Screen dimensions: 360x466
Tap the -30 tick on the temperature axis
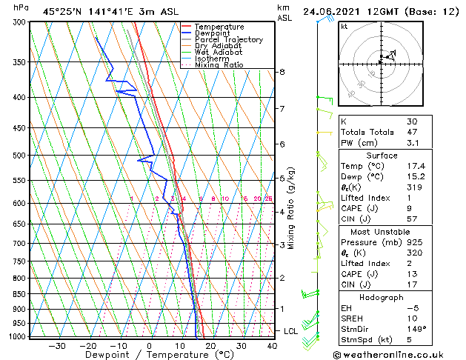(x=57, y=346)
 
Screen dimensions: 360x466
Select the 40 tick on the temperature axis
(x=273, y=346)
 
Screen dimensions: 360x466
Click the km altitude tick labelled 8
(x=282, y=72)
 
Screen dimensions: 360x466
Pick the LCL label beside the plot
(x=291, y=331)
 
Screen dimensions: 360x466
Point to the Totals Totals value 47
(x=412, y=131)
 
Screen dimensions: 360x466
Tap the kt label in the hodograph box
(x=344, y=26)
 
